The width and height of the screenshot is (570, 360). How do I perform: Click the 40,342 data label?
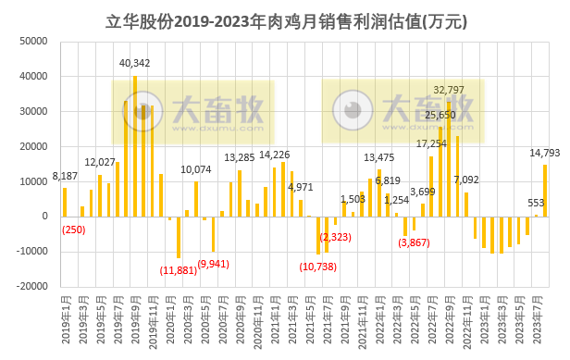pyautogui.click(x=135, y=63)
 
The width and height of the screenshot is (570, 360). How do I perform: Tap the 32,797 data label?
pyautogui.click(x=449, y=89)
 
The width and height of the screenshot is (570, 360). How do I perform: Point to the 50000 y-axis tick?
pyautogui.click(x=34, y=42)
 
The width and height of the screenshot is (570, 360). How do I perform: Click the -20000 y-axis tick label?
pyautogui.click(x=31, y=287)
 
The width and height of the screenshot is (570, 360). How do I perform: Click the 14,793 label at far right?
pyautogui.click(x=544, y=153)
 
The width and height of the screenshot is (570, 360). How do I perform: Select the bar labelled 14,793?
pyautogui.click(x=545, y=191)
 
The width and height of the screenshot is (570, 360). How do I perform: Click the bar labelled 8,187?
pyautogui.click(x=65, y=202)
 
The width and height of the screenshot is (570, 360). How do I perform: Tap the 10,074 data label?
pyautogui.click(x=196, y=169)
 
